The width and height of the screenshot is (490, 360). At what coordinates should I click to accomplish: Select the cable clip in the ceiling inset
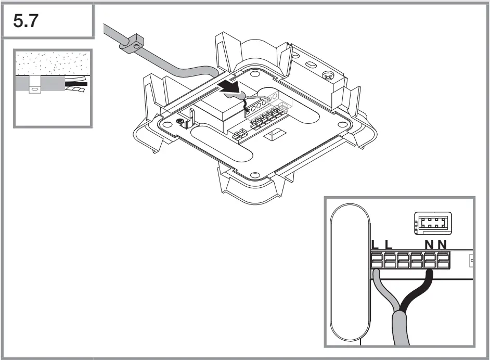(35, 89)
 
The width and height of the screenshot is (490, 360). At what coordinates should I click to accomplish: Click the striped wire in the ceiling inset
(75, 90)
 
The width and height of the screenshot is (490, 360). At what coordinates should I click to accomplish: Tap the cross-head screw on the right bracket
(327, 76)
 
